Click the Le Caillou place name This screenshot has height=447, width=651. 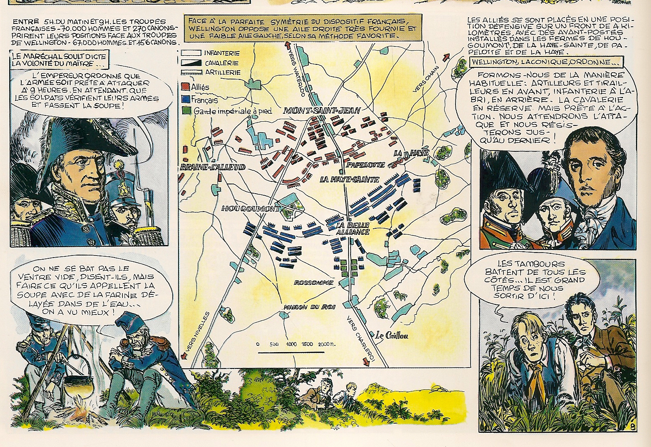(x=392, y=335)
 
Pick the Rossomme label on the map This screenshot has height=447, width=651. (x=314, y=283)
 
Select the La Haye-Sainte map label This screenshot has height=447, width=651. (x=349, y=179)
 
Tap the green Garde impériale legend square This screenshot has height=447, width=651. (x=186, y=111)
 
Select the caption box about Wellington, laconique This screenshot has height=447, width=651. (x=546, y=62)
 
